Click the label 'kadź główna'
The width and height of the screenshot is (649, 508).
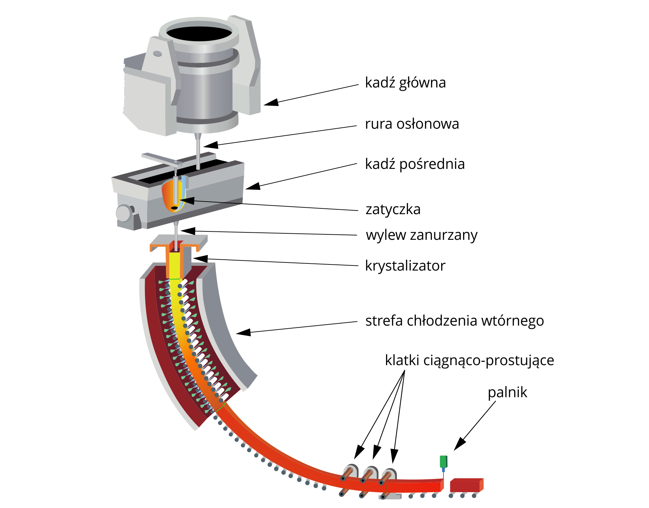[x=405, y=83]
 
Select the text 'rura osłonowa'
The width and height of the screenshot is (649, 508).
[x=412, y=124]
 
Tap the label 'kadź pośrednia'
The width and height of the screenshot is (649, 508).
[x=415, y=164]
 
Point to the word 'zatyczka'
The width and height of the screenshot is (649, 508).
[x=393, y=209]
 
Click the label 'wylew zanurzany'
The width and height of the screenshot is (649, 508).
[x=422, y=235]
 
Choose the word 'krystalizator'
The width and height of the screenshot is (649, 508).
[x=405, y=266]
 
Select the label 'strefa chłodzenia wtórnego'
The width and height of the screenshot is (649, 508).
[x=454, y=321]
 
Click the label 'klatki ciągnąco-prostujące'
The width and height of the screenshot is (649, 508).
[x=469, y=360]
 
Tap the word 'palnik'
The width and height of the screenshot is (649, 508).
[x=507, y=392]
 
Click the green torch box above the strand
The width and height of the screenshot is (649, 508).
[x=443, y=461]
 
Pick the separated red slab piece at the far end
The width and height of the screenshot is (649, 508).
[x=466, y=485]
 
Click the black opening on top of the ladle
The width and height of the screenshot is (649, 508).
[x=199, y=34]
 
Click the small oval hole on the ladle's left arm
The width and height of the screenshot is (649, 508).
[x=158, y=54]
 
